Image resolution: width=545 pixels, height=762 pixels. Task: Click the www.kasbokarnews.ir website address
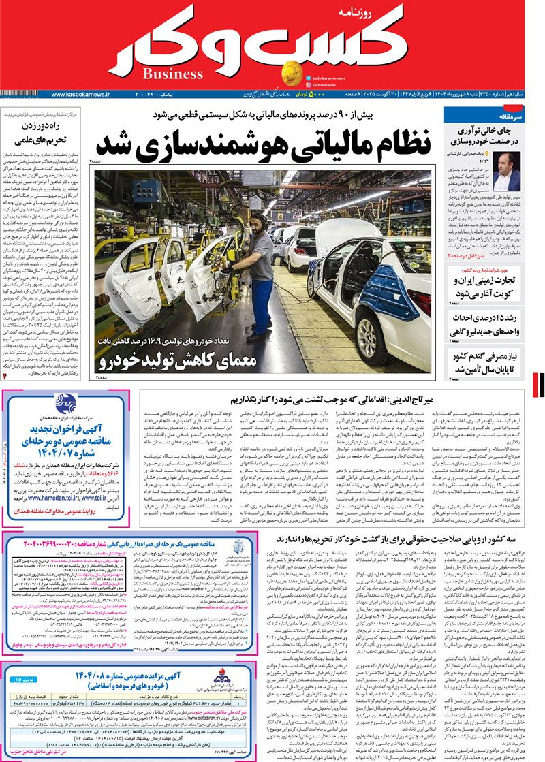coord(80,94)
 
